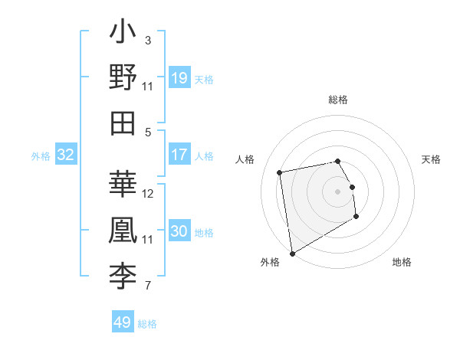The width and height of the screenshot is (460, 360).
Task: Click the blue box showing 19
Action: coord(179,77)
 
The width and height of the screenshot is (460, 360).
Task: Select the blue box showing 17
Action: coord(179,155)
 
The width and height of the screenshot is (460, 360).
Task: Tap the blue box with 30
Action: coord(179,232)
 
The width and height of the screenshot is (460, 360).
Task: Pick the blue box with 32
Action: coord(66,155)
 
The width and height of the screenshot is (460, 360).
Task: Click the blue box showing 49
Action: coord(123,322)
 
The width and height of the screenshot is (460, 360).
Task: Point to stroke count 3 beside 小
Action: coord(148,40)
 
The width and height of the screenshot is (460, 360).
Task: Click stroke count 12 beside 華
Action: coord(148,193)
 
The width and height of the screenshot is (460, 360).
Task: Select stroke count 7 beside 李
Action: coord(148,286)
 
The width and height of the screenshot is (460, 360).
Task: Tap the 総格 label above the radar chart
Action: coord(338,100)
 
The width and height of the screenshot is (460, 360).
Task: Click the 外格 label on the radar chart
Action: coord(270,262)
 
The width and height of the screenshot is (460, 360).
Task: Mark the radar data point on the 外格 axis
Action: coord(292,254)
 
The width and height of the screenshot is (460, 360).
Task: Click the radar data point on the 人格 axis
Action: coord(280,172)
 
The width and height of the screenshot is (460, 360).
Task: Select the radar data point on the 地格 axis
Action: coord(356,217)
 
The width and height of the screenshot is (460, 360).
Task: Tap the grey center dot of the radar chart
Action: coord(338,191)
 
